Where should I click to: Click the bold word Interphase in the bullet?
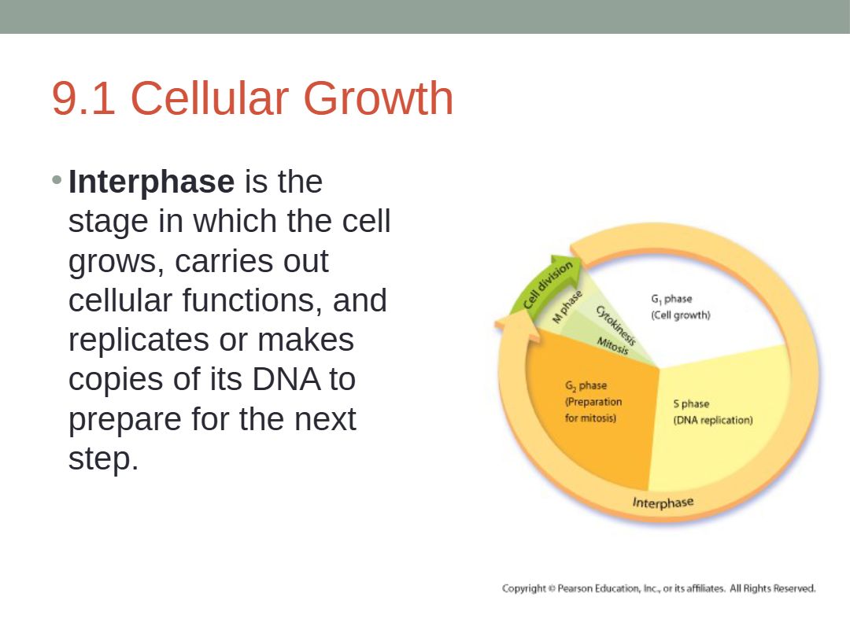point(151,182)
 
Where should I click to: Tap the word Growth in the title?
point(378,98)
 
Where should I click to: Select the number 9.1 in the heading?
point(83,98)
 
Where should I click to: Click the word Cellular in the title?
point(209,98)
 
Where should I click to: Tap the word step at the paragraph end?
point(103,459)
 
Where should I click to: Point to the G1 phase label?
point(671,299)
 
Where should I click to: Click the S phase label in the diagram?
point(691,404)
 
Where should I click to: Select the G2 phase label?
point(586,385)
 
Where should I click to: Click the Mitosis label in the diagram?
point(612,345)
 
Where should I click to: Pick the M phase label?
point(567,307)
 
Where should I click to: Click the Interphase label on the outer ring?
point(663,503)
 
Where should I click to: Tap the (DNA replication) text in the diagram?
point(713,420)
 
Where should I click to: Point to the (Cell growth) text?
point(680,315)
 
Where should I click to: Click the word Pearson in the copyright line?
point(575,588)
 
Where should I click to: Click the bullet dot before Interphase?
point(57,179)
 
